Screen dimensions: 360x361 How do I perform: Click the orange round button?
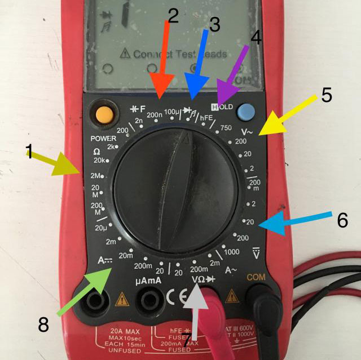104,113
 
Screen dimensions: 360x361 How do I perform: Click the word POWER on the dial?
103,139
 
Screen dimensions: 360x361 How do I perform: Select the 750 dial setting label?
227,128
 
